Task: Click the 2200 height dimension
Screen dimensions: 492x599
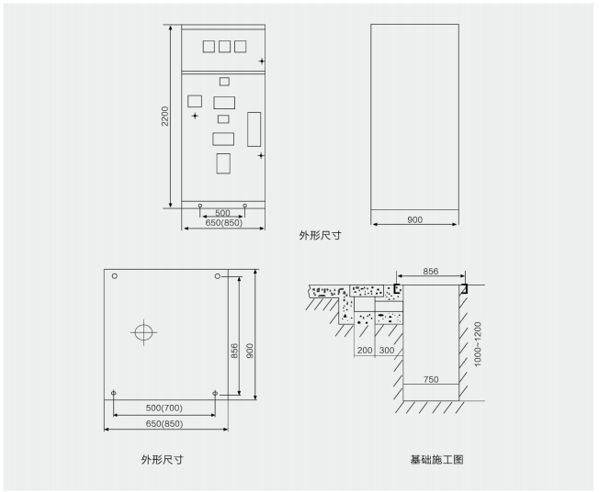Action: point(164,117)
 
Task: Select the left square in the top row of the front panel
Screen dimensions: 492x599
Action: point(209,46)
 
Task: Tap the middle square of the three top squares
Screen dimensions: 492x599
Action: point(224,46)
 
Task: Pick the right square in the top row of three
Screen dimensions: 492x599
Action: point(241,46)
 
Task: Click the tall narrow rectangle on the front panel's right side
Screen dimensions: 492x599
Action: point(254,129)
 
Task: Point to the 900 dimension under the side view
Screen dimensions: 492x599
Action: point(414,220)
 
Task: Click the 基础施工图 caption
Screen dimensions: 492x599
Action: point(437,459)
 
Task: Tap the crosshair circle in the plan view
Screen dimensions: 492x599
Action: point(145,332)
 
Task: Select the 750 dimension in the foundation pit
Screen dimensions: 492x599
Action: point(431,379)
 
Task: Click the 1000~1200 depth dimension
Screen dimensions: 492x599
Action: point(477,344)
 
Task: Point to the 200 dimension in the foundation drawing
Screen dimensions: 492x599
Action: point(366,351)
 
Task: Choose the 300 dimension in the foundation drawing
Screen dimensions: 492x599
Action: point(386,351)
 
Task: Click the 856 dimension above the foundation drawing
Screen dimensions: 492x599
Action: point(431,272)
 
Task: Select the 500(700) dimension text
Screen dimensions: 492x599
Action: point(164,407)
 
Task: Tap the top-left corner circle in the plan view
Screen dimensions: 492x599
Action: point(115,275)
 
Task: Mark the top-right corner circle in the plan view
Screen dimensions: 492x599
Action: point(217,275)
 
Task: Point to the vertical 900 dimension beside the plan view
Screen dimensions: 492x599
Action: point(249,337)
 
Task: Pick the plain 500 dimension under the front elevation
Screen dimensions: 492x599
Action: point(222,212)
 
